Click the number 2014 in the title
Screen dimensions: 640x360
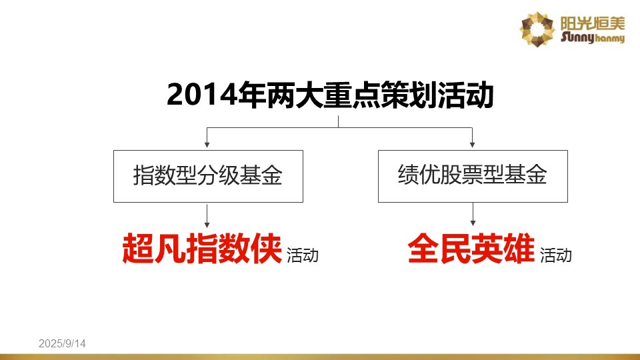click(202, 95)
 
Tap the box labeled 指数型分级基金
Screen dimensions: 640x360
click(208, 176)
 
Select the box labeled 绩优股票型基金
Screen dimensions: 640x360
click(473, 176)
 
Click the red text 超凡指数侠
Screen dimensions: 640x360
click(202, 248)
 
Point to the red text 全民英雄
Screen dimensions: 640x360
click(471, 248)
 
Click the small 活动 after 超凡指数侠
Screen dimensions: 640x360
click(303, 255)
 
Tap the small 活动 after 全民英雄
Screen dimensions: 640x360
click(555, 255)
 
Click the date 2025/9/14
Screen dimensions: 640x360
click(62, 344)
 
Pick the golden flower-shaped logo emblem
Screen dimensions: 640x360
click(537, 29)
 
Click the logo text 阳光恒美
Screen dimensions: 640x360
click(592, 23)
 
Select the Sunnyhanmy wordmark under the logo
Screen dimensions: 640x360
click(592, 37)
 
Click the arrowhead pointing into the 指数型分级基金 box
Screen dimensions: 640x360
click(207, 145)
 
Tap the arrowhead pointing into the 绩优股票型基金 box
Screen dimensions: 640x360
click(472, 145)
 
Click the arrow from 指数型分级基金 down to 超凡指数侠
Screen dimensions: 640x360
click(207, 216)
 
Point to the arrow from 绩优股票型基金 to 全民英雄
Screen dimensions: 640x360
click(473, 215)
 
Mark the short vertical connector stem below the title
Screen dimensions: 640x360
click(338, 121)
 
